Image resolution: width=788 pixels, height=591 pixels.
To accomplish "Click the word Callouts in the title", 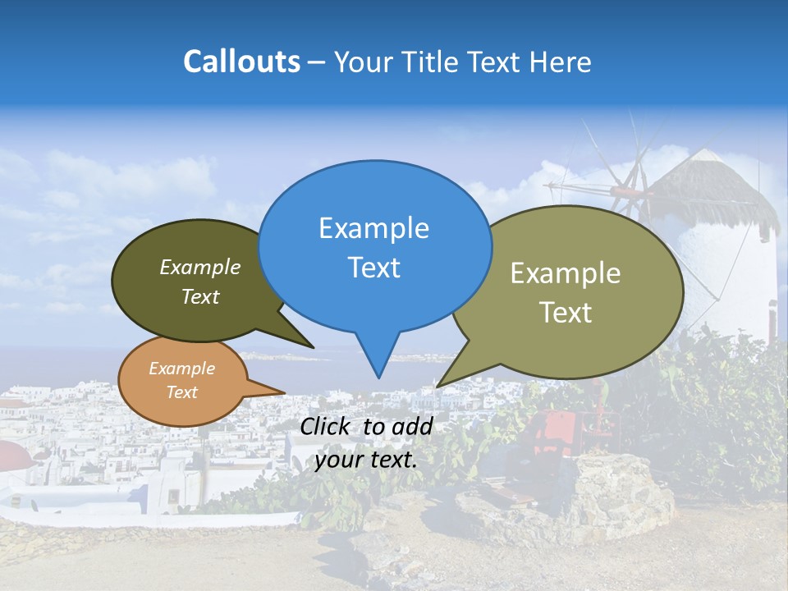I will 241,62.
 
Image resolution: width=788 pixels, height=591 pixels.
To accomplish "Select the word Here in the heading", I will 562,62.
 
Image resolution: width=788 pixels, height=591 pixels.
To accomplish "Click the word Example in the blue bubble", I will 373,228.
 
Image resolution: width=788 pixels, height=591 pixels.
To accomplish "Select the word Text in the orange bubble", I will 182,392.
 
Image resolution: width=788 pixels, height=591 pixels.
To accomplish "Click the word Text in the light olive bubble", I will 566,312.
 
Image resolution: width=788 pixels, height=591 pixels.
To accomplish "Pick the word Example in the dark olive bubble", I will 200,267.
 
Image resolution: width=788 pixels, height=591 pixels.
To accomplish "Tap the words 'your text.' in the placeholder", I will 366,460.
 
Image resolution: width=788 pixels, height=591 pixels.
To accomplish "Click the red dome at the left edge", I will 12,453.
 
